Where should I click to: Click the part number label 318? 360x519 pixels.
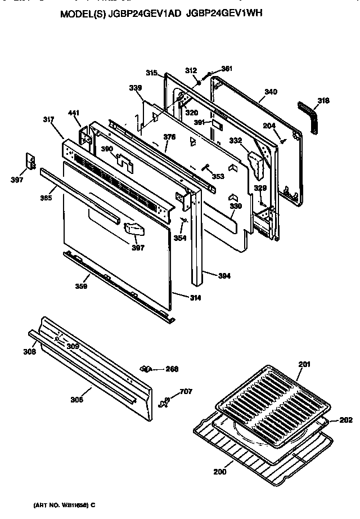pos(323,101)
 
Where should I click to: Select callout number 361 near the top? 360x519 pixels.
pos(226,69)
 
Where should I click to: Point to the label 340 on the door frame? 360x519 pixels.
pos(271,91)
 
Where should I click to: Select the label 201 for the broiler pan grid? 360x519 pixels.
pos(304,364)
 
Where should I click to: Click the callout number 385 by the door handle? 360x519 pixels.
pos(47,198)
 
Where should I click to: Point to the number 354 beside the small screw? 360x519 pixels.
pos(180,239)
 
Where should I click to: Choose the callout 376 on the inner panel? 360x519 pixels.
pos(169,136)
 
